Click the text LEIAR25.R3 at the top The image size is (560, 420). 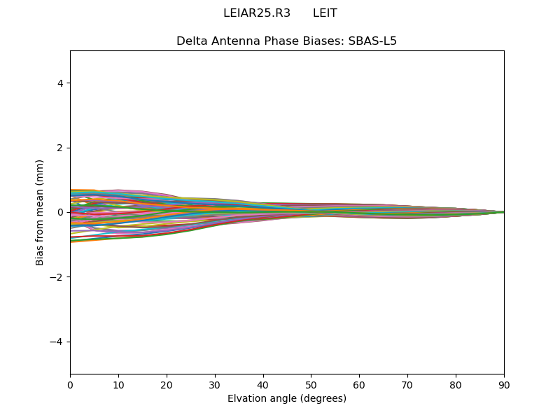(x=256, y=13)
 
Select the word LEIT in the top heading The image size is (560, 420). (x=325, y=13)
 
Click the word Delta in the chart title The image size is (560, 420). (x=191, y=41)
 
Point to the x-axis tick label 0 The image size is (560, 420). (x=70, y=385)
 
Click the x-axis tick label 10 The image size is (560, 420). (x=118, y=385)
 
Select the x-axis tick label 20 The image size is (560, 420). (x=167, y=385)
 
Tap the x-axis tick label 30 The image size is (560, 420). (x=215, y=385)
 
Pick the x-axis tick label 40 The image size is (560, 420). (x=263, y=385)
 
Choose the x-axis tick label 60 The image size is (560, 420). (x=359, y=385)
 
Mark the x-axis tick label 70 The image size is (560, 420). (x=407, y=385)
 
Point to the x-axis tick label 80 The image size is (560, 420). (x=456, y=385)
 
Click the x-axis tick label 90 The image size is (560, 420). (x=504, y=385)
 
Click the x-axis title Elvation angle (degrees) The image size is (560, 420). (x=287, y=399)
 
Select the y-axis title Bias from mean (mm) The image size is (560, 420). (x=41, y=212)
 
